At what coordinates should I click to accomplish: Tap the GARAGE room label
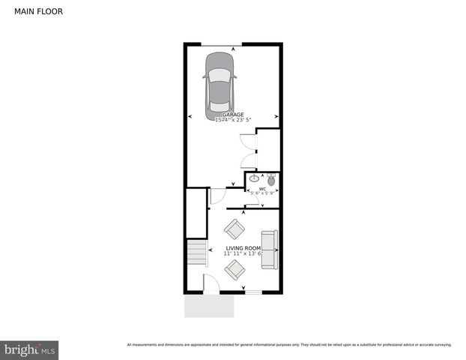232,114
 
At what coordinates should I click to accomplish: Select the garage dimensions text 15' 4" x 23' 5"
232,120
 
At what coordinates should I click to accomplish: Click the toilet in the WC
270,180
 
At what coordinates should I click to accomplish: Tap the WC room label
262,188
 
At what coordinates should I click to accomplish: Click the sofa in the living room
269,250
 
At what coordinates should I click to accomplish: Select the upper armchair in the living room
234,229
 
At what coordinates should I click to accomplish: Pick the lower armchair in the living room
234,269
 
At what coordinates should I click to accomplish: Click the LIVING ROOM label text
243,247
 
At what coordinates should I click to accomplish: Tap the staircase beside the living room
196,253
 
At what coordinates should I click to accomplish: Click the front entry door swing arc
212,283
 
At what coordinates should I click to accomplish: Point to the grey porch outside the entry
210,306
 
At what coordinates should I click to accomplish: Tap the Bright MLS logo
30,349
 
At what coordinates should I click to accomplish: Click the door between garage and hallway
217,196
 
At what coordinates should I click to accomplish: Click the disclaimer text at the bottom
288,345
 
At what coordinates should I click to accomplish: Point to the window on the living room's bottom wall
253,292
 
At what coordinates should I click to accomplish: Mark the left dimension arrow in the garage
190,117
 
